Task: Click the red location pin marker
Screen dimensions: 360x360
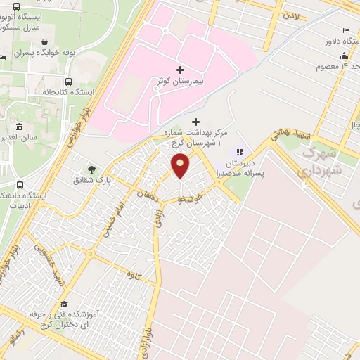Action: (181, 166)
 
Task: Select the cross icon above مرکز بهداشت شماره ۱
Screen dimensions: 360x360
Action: (195, 122)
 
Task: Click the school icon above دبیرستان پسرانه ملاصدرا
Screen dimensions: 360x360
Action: (240, 152)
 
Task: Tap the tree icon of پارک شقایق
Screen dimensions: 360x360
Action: (90, 169)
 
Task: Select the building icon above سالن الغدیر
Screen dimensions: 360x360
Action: (18, 127)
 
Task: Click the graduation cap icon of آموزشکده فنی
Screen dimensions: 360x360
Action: (64, 304)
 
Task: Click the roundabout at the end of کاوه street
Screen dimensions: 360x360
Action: (91, 255)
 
